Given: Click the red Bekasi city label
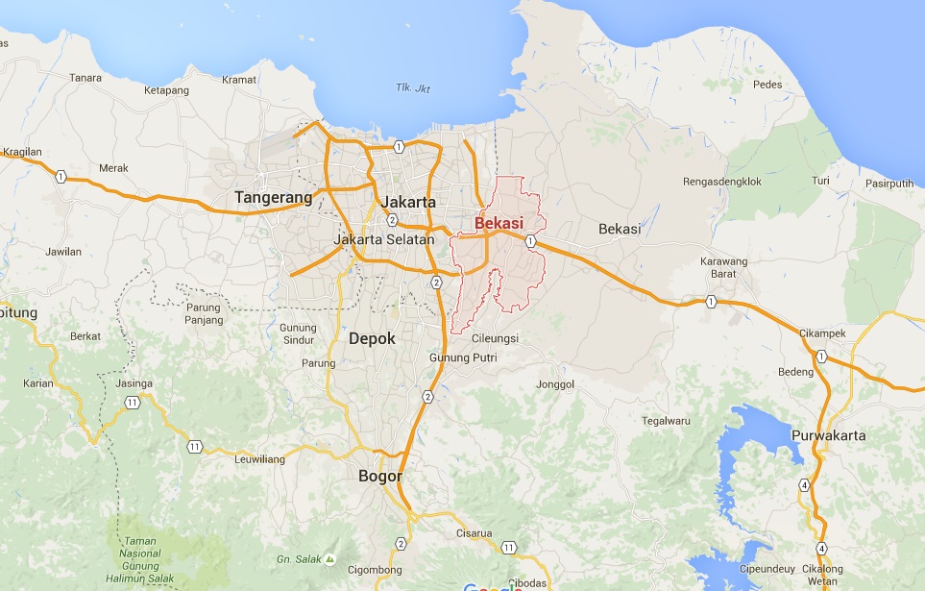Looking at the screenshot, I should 499,223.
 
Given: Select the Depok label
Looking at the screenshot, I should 372,338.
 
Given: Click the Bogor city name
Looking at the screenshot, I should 379,476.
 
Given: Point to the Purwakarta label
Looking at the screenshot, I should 828,435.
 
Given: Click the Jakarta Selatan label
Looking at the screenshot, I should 384,239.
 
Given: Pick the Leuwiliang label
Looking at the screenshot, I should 260,459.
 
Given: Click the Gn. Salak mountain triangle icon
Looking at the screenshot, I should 330,557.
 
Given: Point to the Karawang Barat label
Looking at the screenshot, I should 723,267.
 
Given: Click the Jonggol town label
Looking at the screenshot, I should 556,384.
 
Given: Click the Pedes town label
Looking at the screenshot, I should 767,85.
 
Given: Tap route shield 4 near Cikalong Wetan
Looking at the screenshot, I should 821,548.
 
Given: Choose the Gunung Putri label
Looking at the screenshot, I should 463,357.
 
